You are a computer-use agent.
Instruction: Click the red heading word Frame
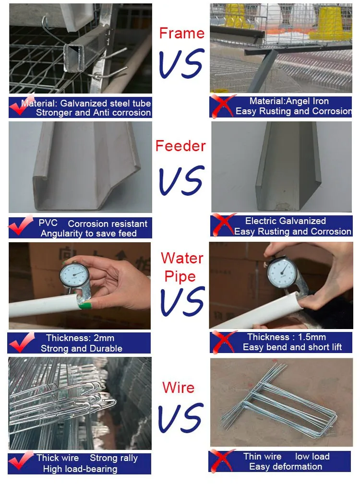point(182,33)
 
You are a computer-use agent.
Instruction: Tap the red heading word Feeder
point(180,146)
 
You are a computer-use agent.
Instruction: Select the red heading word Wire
point(179,388)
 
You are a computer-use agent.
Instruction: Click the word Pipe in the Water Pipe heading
point(180,277)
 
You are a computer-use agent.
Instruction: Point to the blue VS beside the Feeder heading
point(182,180)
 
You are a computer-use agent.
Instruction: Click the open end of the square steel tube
point(73,58)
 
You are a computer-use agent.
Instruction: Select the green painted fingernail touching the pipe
point(85,306)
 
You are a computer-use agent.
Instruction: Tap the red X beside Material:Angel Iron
point(222,106)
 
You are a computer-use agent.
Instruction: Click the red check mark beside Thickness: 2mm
point(21,342)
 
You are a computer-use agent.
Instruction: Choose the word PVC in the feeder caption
point(48,223)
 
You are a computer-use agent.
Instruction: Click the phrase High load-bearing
point(80,469)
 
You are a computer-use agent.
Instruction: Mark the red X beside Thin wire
point(222,460)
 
